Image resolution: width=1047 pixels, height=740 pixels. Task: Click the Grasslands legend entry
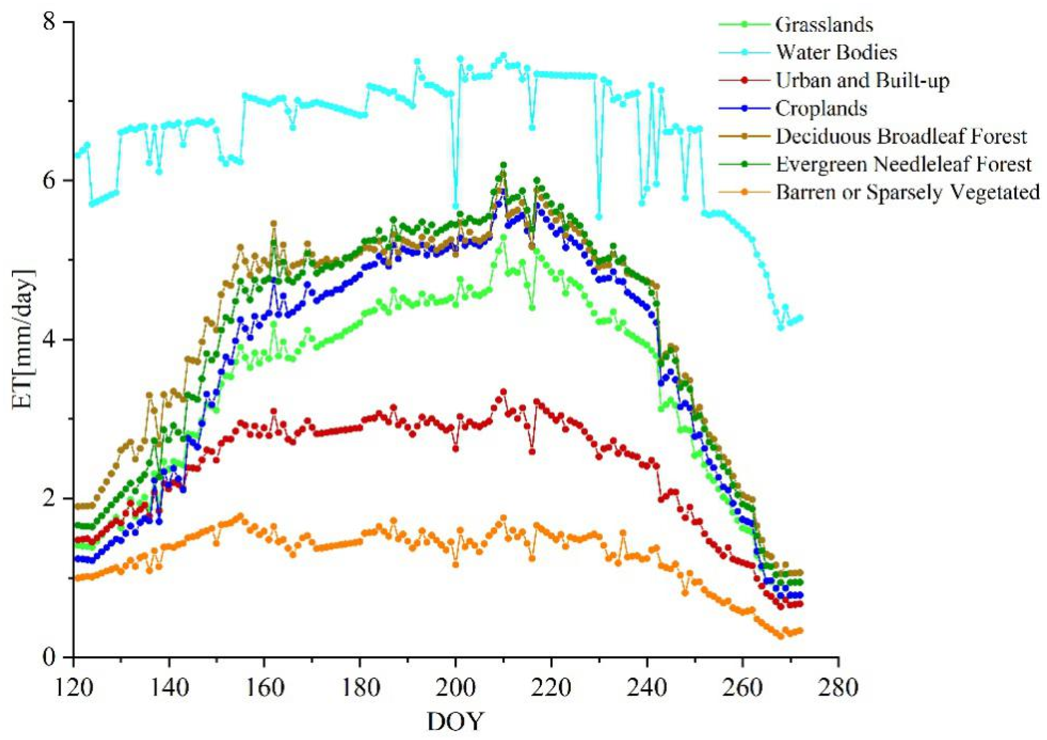pos(824,25)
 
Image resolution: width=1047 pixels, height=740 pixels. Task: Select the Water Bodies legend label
pos(837,53)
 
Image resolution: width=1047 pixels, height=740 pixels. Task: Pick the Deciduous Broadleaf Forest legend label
pos(901,137)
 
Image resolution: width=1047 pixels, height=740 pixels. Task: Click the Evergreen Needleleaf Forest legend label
pos(903,164)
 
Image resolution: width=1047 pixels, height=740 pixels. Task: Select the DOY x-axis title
pos(455,721)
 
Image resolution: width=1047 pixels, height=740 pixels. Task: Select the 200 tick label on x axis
pos(455,687)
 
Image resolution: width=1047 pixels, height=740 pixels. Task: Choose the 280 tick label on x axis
pos(838,687)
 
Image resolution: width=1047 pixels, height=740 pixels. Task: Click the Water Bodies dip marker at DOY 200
pos(455,206)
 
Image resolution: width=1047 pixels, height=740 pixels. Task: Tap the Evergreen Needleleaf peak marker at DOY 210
pos(503,165)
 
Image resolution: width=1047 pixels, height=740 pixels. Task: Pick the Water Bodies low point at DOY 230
pos(599,216)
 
